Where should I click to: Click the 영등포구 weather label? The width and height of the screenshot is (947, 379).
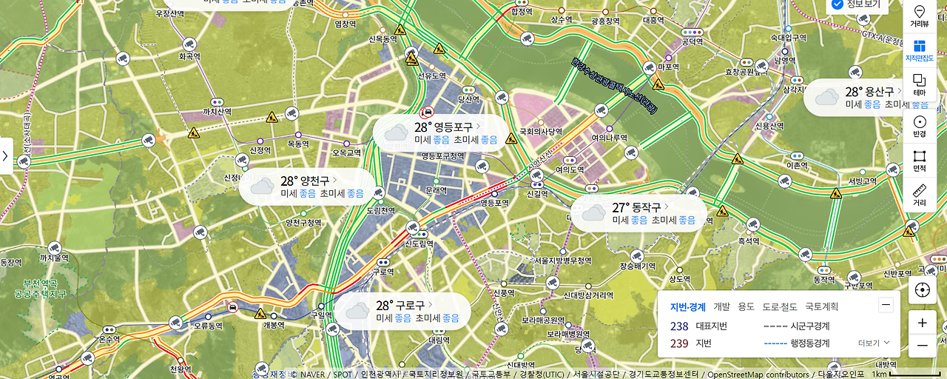tap(441, 133)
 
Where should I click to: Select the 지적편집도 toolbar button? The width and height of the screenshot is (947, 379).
tap(920, 50)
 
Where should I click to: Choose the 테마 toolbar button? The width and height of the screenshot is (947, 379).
tap(920, 84)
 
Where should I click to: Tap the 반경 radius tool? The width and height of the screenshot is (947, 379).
tap(920, 127)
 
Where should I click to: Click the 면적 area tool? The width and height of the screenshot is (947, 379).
tap(920, 161)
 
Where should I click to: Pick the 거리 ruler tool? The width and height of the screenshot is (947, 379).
tap(920, 195)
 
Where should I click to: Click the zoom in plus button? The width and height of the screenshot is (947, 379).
tap(922, 323)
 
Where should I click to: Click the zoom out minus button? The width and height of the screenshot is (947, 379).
tap(922, 345)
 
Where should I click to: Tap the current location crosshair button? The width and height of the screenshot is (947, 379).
tap(922, 289)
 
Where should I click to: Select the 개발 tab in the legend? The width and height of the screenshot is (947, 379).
tap(721, 306)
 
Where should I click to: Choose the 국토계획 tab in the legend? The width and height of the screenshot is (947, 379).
tap(822, 306)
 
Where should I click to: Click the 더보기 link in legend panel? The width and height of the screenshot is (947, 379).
tap(874, 343)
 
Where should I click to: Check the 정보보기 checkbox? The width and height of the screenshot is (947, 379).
tap(838, 4)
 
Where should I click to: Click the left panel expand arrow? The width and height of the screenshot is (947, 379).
tap(6, 155)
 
